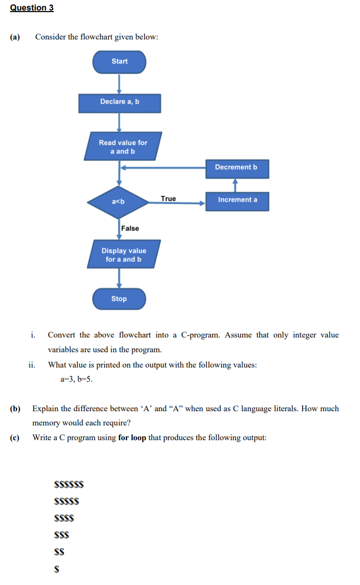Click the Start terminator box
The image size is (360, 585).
[119, 62]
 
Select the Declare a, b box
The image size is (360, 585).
[119, 102]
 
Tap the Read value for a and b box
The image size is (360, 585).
[123, 147]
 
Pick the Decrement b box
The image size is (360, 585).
[236, 167]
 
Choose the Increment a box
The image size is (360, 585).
[237, 200]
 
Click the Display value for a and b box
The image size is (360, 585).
[124, 255]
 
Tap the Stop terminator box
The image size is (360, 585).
[119, 299]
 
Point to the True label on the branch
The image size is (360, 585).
[168, 199]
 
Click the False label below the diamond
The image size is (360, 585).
[130, 228]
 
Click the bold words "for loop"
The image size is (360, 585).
[132, 438]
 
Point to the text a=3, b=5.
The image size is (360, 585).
[77, 379]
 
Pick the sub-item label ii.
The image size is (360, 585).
[32, 364]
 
